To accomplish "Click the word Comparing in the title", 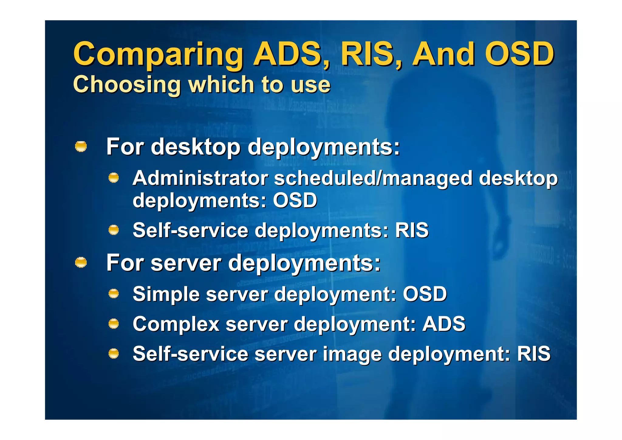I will (x=158, y=55).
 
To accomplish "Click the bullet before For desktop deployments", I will (x=81, y=147).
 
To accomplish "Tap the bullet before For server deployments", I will (x=81, y=262).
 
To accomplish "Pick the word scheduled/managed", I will (x=373, y=178).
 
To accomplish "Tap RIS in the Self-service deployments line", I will (x=412, y=230).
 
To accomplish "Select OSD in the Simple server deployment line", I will (x=425, y=294).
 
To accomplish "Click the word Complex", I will (x=176, y=324).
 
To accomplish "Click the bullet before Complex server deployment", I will (x=114, y=324).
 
